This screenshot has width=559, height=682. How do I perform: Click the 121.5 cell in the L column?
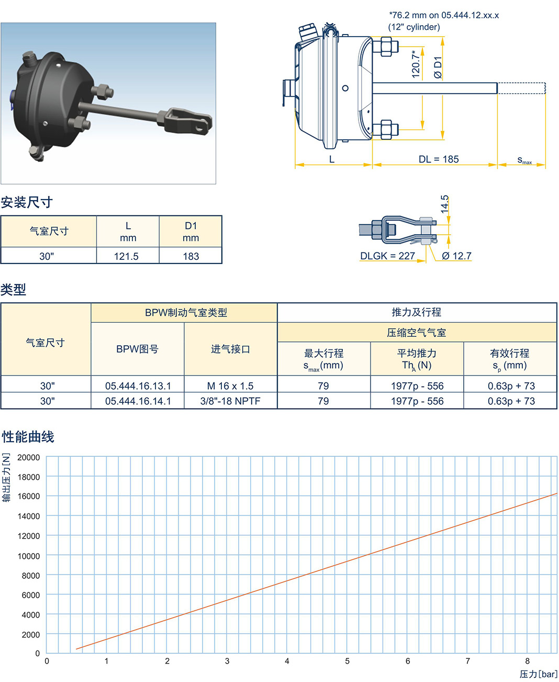point(126,256)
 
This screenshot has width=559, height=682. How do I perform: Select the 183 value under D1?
point(191,256)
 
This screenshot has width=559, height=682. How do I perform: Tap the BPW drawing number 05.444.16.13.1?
point(138,386)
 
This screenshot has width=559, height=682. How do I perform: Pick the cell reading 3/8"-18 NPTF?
point(230,401)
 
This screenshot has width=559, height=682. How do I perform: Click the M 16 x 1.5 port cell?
point(230,386)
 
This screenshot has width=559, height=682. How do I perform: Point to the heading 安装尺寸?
point(27,202)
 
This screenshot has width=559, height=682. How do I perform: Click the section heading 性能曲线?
point(28,436)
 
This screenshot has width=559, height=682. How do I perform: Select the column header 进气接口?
point(230,349)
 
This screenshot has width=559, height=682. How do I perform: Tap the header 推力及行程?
point(417,312)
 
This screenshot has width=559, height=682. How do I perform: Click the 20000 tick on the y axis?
point(29,458)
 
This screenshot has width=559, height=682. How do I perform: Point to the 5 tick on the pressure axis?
point(348,661)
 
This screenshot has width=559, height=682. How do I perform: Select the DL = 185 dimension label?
point(439,159)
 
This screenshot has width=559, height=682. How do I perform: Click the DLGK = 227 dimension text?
point(388,256)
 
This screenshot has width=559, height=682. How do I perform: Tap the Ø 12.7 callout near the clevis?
point(456,256)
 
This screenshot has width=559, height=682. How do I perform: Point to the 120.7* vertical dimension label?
point(416,64)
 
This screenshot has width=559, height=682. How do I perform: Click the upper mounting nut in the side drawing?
point(386,47)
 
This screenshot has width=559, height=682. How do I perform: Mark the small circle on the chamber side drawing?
point(345,88)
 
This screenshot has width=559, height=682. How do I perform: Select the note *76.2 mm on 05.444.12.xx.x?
point(444,15)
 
